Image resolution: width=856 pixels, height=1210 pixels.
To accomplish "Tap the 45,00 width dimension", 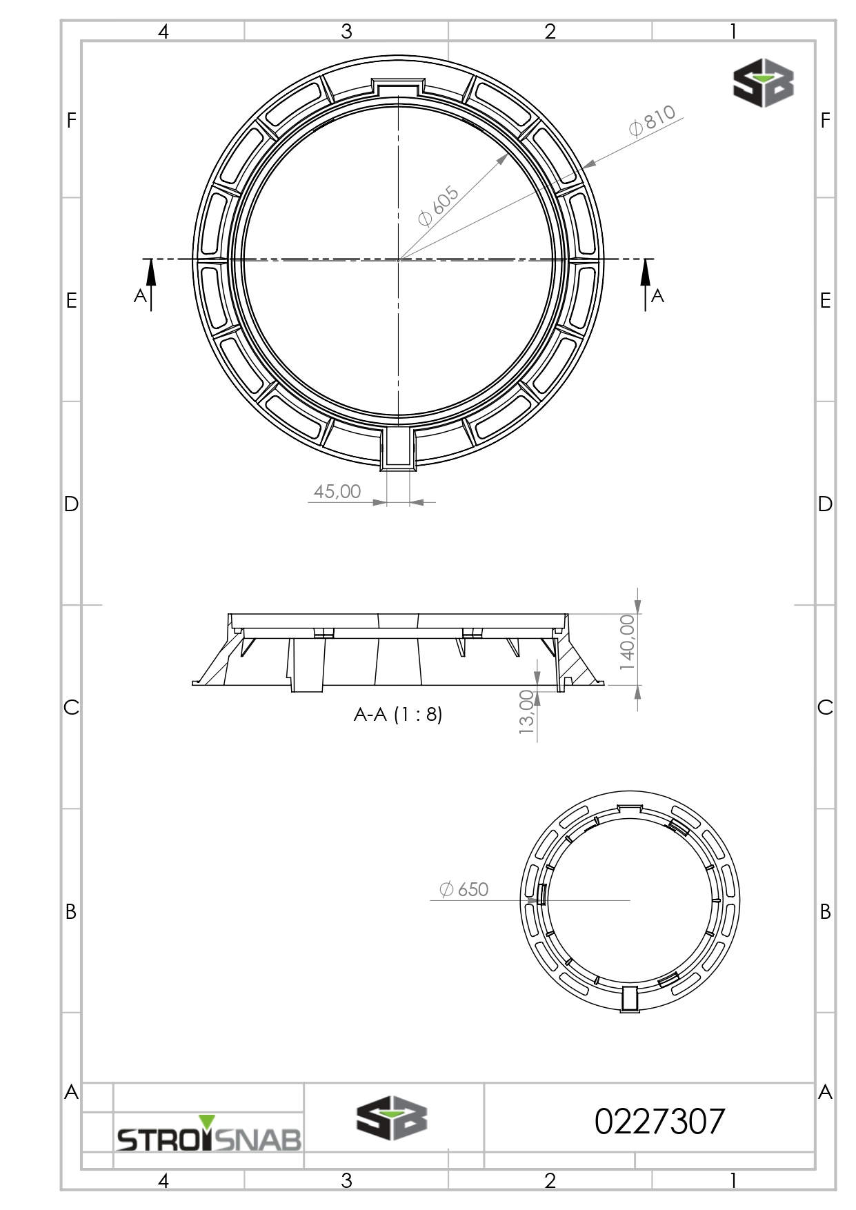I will coord(337,491).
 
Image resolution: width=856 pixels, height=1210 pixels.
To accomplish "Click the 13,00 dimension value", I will coord(527,712).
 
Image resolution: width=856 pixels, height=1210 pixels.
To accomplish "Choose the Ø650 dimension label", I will coord(464,890).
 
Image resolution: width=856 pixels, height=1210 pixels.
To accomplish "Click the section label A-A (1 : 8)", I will coord(398,715).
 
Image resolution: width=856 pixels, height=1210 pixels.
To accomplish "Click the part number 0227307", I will coord(659,1122).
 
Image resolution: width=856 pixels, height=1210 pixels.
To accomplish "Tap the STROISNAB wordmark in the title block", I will coord(209,1139).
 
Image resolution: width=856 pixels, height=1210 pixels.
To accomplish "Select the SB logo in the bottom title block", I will coord(391,1120).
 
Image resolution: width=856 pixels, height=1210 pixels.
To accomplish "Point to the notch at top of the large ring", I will coord(398,86).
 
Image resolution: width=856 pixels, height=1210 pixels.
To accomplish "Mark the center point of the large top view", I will coord(398,259).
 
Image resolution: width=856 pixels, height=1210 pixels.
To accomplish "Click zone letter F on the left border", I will coord(71,120).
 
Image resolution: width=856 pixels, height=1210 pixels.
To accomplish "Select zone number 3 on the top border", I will coord(346,31).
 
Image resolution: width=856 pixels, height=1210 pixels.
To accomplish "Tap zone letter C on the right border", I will coord(825,707).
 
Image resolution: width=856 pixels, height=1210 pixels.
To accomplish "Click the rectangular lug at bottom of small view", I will coord(630,998).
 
